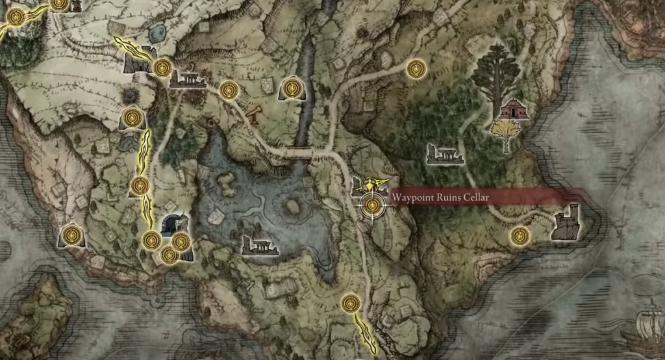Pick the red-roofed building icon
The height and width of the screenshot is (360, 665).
coord(514,110)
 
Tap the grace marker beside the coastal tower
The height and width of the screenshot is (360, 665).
coord(518,235)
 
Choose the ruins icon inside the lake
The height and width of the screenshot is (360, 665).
coord(259,246)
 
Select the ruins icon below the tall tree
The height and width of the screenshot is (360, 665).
coord(445,154)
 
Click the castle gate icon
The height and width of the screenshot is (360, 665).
coord(138,61)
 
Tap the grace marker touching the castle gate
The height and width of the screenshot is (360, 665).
coord(162,66)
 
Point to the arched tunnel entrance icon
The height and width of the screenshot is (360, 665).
coord(173,225)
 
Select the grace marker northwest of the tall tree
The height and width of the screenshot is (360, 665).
coord(415,68)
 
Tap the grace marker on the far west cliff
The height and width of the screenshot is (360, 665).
coord(72,235)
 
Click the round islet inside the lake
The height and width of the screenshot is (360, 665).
coord(292,207)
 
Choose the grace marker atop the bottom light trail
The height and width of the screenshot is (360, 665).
coord(351,302)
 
